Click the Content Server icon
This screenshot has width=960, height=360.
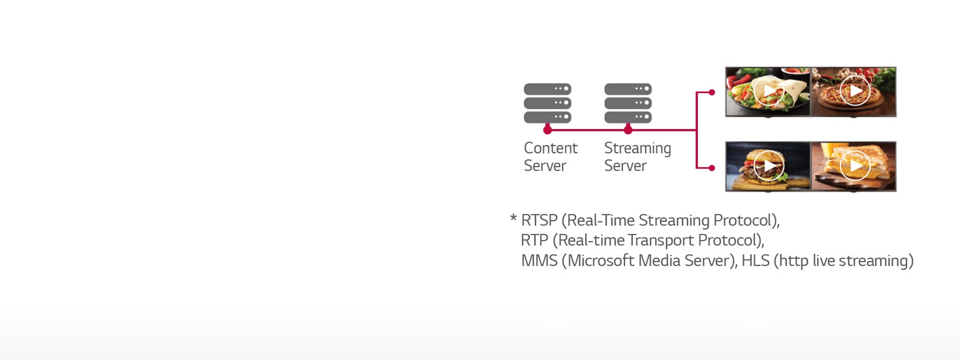point(547,103)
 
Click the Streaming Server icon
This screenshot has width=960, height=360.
point(628,103)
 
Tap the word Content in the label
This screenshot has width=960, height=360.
point(550,148)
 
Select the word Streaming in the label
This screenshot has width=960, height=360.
point(637,149)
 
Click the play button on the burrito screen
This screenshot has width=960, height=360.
point(769,91)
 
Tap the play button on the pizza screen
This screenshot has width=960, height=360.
point(855,91)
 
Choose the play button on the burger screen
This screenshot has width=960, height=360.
point(769,166)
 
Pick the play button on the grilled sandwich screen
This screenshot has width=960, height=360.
point(855,166)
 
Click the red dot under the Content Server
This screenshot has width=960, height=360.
point(547,130)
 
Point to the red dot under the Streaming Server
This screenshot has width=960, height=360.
point(628,130)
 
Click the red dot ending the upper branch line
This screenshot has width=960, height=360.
point(712,92)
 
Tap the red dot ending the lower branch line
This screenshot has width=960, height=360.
point(712,168)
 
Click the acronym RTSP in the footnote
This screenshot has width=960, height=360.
point(539,221)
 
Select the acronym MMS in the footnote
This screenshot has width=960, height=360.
point(539,261)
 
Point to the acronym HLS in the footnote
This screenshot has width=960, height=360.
point(755,261)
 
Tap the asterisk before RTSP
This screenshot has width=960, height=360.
point(513,218)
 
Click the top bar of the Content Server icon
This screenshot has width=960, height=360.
point(547,89)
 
